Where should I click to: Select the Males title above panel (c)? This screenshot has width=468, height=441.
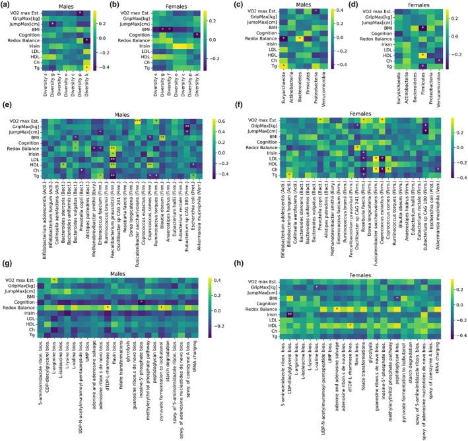(303, 5)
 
